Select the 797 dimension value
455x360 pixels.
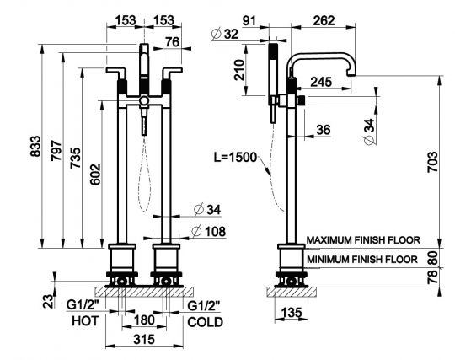point(56,150)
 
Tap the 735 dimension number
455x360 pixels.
point(76,158)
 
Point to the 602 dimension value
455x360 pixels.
point(95,175)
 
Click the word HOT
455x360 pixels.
point(85,321)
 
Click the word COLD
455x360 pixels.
point(205,322)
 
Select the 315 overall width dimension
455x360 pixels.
point(144,339)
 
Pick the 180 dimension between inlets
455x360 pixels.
point(144,320)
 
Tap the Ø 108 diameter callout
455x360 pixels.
point(209,232)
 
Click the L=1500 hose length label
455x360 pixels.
point(236,157)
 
